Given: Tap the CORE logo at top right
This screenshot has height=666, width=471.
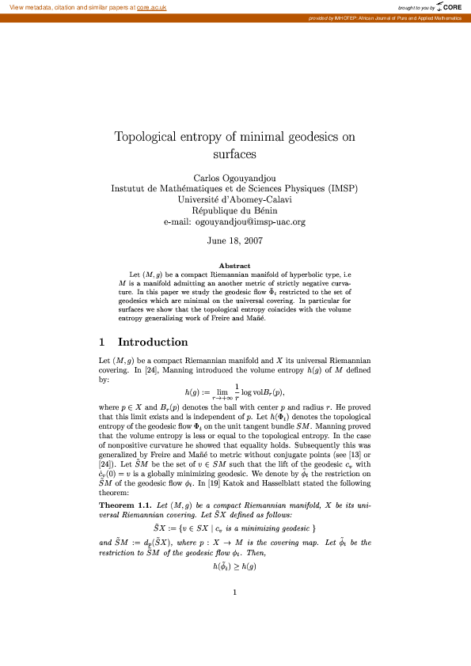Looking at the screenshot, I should pyautogui.click(x=451, y=7).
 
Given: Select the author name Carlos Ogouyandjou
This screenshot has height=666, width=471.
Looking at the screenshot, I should pyautogui.click(x=235, y=177).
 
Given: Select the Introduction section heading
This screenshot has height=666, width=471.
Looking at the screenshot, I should pyautogui.click(x=153, y=342).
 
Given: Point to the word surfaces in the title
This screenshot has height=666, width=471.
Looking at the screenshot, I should pyautogui.click(x=235, y=154).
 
